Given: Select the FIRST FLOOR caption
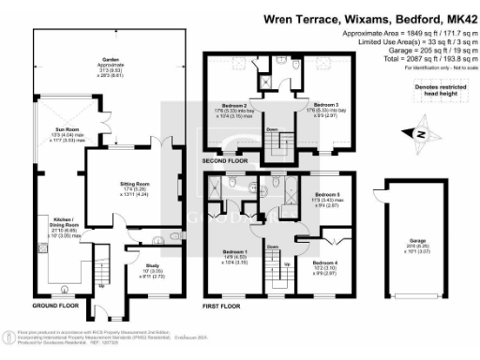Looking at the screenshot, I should click(x=223, y=306).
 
